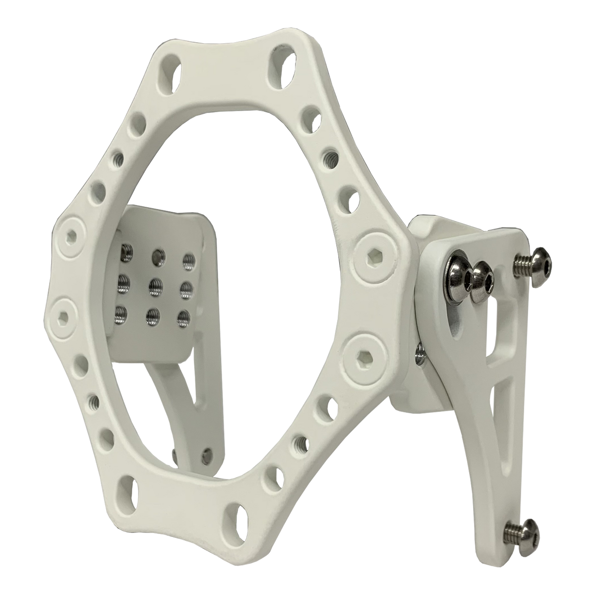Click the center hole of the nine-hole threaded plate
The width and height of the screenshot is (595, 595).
pyautogui.click(x=154, y=286)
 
